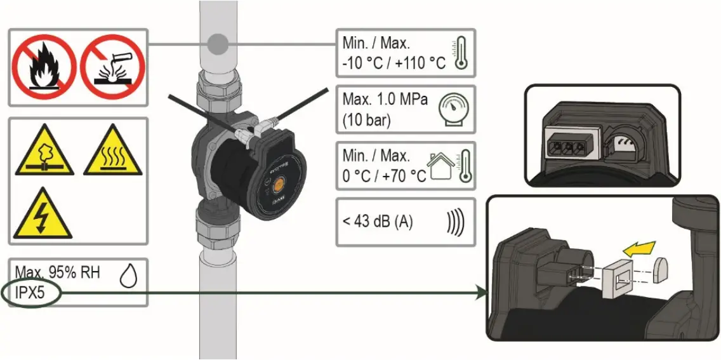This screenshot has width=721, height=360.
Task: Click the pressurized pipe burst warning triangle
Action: (x=42, y=153)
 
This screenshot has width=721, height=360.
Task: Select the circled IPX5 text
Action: (x=30, y=293)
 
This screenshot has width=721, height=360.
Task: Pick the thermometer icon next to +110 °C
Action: (x=460, y=51)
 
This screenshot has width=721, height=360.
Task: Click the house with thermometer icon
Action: (x=449, y=166)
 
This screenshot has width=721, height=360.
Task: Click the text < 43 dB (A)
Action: (x=378, y=222)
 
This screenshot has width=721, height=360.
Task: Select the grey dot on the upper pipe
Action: (x=218, y=44)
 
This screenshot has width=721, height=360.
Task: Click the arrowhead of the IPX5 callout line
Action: (x=480, y=293)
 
